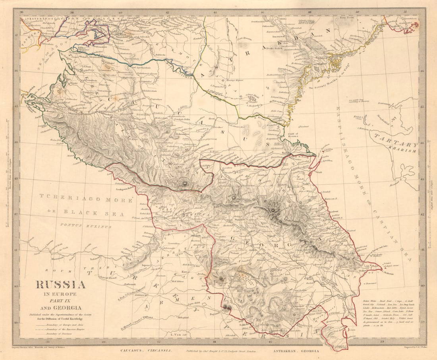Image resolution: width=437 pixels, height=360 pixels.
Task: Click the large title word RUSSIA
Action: (x=61, y=285)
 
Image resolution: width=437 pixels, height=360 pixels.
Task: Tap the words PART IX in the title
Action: (x=61, y=300)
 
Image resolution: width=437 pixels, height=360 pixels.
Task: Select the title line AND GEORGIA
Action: (x=61, y=307)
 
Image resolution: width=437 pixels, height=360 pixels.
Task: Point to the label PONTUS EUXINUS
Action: (x=85, y=226)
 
